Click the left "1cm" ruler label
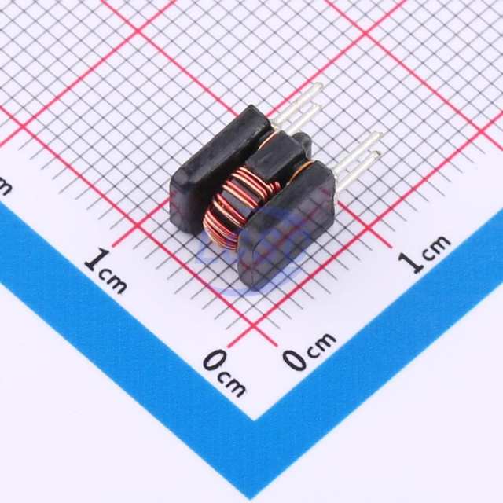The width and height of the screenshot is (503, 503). click(105, 271)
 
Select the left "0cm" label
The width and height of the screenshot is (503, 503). click(224, 373)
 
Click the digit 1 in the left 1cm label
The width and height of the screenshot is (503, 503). click(95, 260)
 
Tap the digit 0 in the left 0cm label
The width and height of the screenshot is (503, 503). click(214, 362)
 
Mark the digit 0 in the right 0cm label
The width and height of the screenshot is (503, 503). click(295, 358)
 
